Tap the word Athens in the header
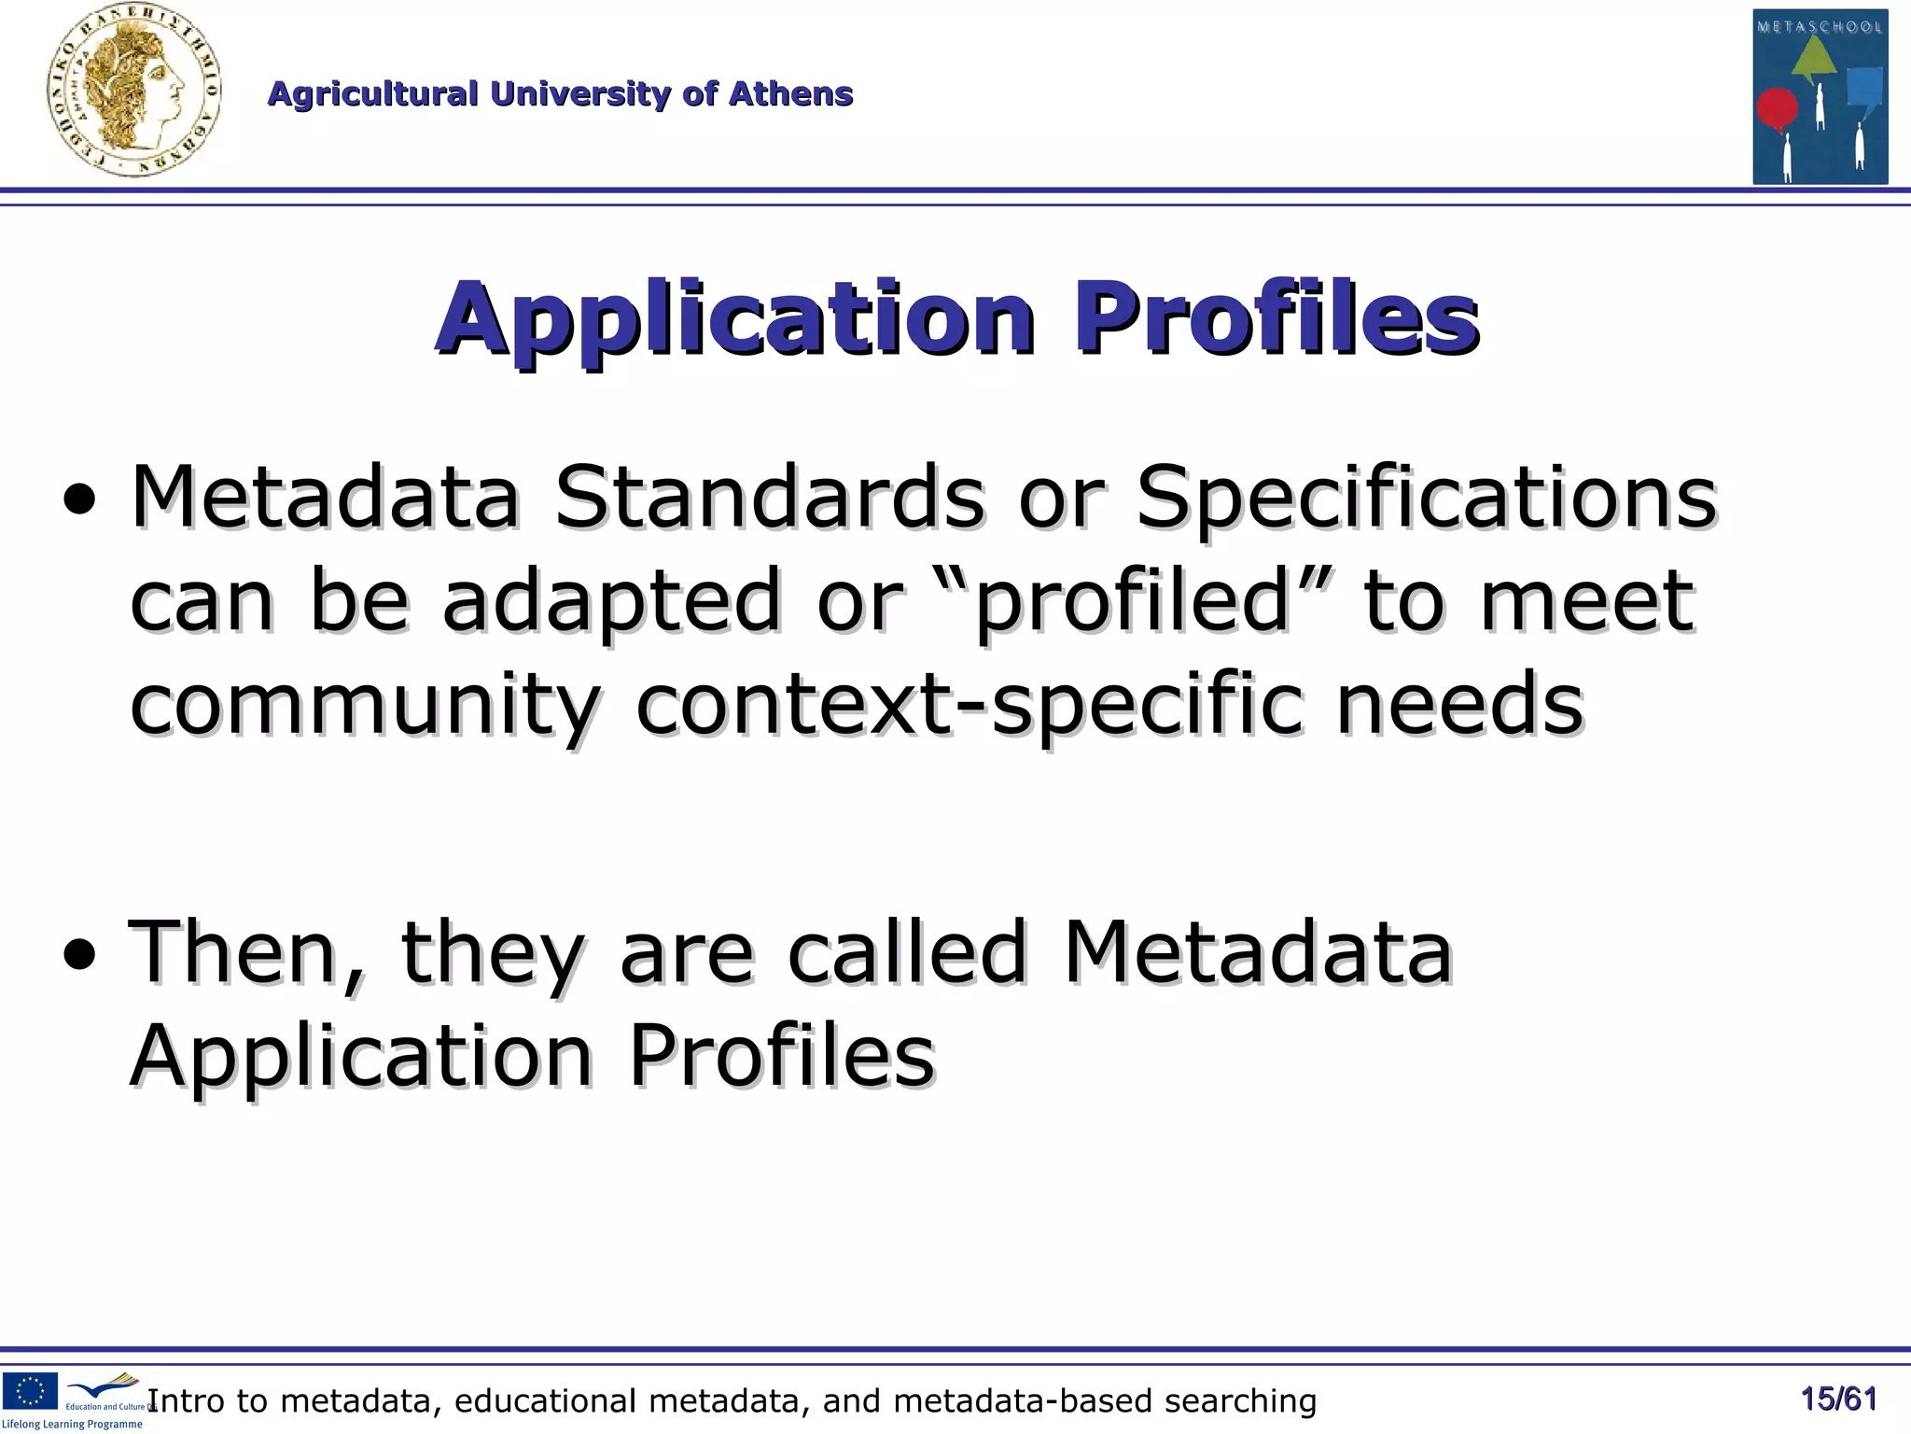point(790,94)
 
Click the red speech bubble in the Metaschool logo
point(1777,108)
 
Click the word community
point(364,706)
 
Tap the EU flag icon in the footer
point(30,1390)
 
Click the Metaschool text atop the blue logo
point(1820,27)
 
